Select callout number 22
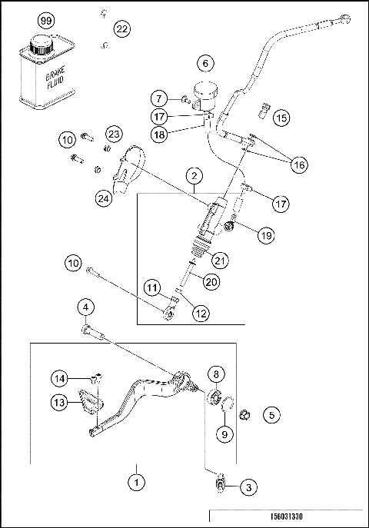pos(122,29)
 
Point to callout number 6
pos(204,61)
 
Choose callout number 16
pos(299,164)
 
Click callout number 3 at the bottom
pos(248,486)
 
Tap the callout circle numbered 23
pos(114,134)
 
